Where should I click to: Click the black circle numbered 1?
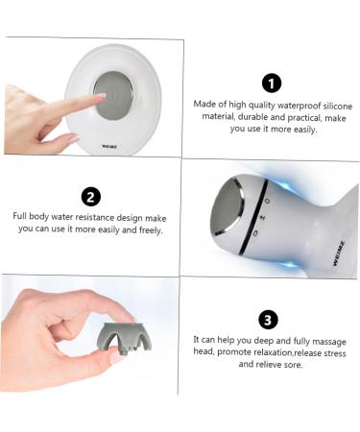click(272, 84)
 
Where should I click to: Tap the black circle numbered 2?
click(91, 197)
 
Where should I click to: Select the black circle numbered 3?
click(268, 320)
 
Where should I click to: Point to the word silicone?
click(338, 106)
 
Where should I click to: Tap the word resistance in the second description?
click(95, 217)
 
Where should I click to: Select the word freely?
click(151, 230)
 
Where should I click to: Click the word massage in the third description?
click(329, 342)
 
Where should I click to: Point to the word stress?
click(335, 353)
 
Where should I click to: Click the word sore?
click(293, 365)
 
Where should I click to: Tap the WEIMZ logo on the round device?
click(109, 147)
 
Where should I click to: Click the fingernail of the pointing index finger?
click(102, 96)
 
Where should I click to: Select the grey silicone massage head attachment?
click(124, 339)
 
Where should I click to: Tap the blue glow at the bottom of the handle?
click(290, 265)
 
